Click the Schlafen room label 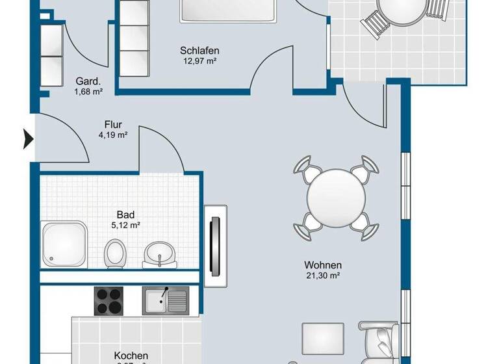199,51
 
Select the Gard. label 88,81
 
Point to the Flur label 113,124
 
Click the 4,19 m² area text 113,135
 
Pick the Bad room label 125,214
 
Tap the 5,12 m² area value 125,226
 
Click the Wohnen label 323,265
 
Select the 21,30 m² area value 323,276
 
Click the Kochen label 131,356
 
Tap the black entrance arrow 28,138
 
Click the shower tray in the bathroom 64,244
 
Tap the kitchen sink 166,300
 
